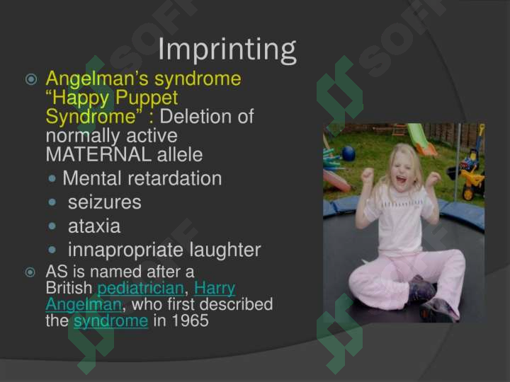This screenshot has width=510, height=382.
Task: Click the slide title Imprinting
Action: pos(227,50)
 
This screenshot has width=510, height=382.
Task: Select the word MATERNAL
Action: pos(98,155)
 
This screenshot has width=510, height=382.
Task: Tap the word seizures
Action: pos(105,202)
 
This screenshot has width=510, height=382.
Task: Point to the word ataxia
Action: pos(94,226)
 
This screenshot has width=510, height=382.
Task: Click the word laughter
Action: pos(225,250)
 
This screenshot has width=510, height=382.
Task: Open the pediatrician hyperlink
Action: pos(141,289)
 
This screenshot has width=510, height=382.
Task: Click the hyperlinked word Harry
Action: pos(215,289)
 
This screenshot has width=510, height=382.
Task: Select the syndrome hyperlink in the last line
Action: pos(111,321)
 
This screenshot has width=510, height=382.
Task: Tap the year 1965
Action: pos(190,320)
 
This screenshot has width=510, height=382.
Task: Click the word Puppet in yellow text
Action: pos(147,98)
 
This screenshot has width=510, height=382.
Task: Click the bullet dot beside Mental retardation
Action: pos(52,178)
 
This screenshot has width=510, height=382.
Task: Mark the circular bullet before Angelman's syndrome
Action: pos(31,79)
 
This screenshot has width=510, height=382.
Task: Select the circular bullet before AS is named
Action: pos(30,272)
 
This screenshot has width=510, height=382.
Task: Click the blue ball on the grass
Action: pos(348,154)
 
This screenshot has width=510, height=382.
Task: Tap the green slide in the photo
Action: pos(421,139)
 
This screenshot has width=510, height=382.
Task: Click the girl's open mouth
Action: pos(401,179)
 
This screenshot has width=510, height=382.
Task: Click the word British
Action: pos(69,288)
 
